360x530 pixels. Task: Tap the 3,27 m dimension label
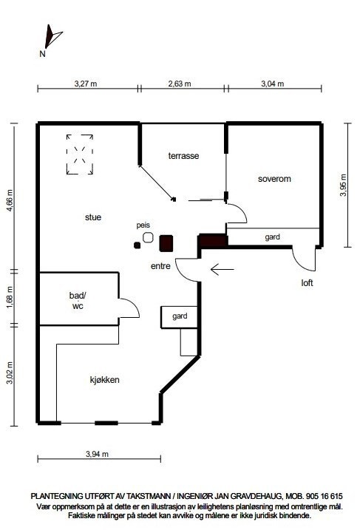[x=86, y=83]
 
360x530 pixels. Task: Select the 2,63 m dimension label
[x=180, y=83]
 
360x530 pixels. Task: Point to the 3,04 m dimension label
[x=273, y=83]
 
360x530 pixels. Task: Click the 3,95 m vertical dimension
[x=344, y=185]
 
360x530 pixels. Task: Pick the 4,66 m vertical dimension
[x=10, y=200]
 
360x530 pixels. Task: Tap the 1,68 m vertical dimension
[x=10, y=296]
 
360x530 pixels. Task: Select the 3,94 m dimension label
[x=97, y=454]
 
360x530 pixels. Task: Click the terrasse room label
[x=183, y=156]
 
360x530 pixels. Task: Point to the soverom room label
[x=274, y=179]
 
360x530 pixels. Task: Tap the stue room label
[x=93, y=217]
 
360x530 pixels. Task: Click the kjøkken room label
[x=104, y=380]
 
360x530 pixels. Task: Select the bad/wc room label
[x=78, y=301]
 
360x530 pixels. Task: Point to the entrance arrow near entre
[x=222, y=269]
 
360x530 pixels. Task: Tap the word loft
[x=307, y=283]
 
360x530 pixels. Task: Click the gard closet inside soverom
[x=273, y=237]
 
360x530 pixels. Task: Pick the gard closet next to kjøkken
[x=179, y=316]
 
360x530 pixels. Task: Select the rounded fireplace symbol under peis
[x=148, y=237]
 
